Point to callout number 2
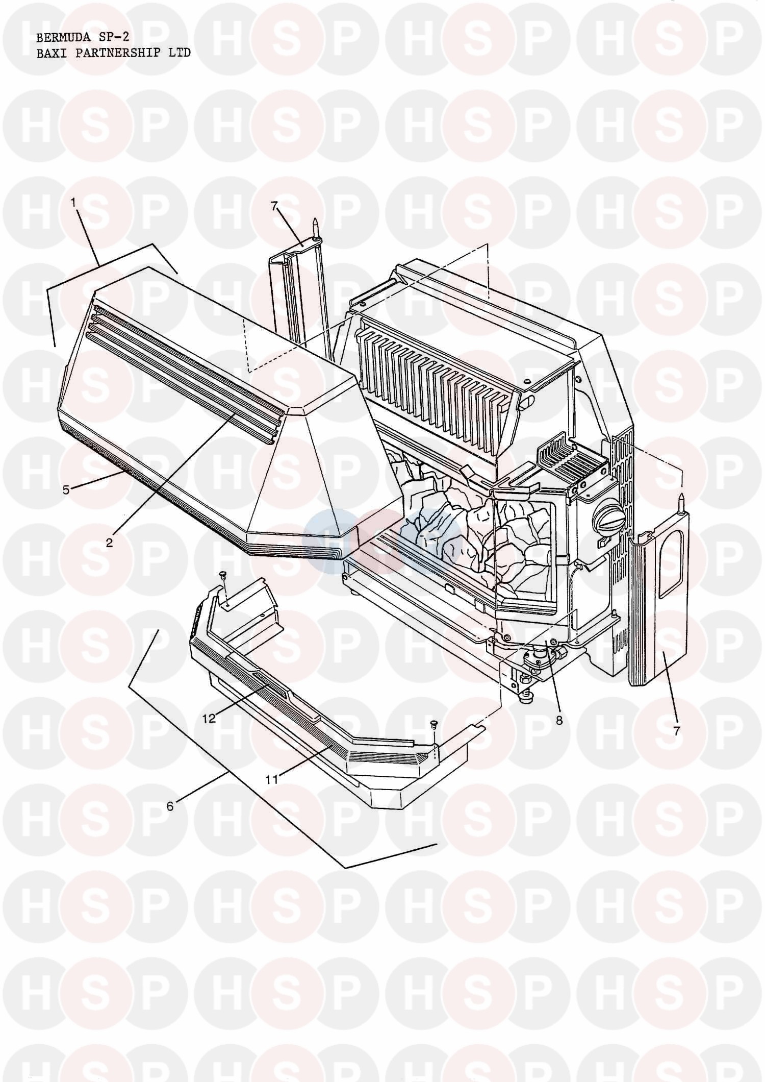pyautogui.click(x=109, y=543)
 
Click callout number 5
pyautogui.click(x=66, y=489)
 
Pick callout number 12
pyautogui.click(x=209, y=718)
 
